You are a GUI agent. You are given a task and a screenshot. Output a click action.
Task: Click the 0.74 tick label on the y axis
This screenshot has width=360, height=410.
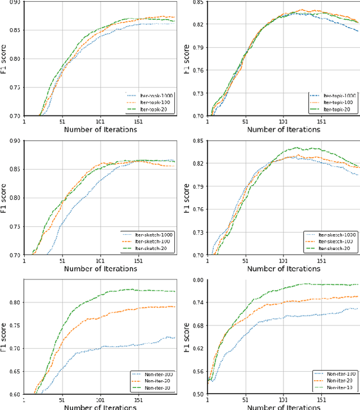[x=198, y=302]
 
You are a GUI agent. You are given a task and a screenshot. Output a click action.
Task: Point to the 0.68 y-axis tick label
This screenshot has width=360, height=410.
[x=198, y=326]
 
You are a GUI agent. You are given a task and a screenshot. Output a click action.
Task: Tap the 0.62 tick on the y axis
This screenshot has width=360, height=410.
[x=198, y=349]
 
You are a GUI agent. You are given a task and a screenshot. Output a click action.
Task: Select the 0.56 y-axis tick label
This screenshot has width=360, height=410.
[x=198, y=372]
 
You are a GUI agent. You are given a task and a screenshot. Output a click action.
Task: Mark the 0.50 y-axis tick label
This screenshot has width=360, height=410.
[x=198, y=394]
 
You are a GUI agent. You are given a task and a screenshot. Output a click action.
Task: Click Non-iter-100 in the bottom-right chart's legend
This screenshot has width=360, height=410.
[x=336, y=374]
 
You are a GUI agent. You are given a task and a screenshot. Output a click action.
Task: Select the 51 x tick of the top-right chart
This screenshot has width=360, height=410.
[x=245, y=122]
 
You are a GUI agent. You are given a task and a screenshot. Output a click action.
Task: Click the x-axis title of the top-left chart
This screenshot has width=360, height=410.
[x=100, y=130]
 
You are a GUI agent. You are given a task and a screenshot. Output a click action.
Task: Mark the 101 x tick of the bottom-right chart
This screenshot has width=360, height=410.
[x=283, y=400]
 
